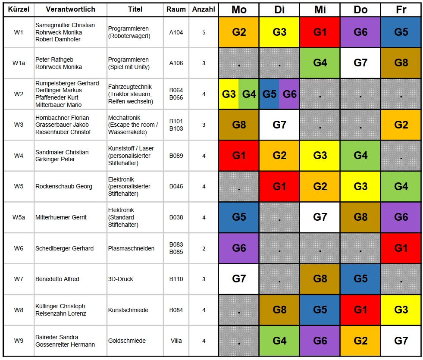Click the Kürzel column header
point(18,9)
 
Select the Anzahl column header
point(204,9)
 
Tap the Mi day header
point(320,9)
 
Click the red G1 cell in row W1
point(320,32)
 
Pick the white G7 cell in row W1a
point(360,63)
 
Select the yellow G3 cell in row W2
point(229,94)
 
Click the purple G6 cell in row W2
point(289,94)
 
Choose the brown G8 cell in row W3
point(239,125)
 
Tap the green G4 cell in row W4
point(360,156)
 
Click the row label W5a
point(19,217)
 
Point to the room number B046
point(176,187)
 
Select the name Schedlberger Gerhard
point(64,248)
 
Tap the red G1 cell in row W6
point(401,248)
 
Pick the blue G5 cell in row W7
point(360,279)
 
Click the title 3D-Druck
point(120,279)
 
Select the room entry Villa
point(176,341)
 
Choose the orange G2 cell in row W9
point(360,341)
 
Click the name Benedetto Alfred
point(57,279)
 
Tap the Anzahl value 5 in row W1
point(204,32)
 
